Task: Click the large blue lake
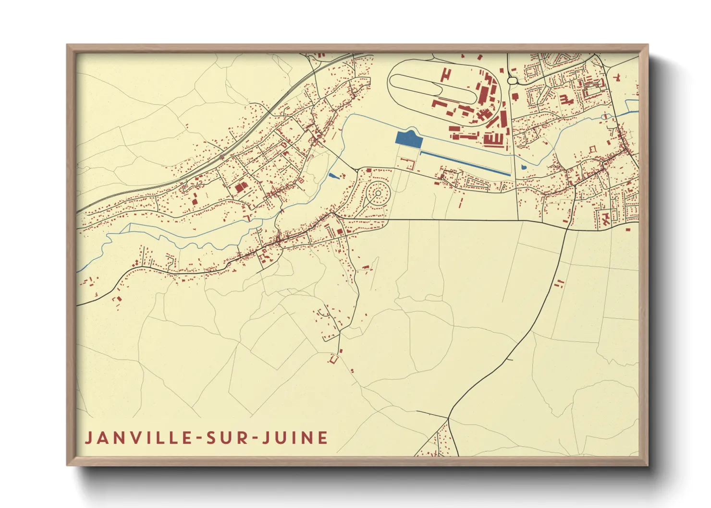coord(408,139)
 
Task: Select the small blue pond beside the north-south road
coord(523,168)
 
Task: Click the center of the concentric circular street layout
coord(378,194)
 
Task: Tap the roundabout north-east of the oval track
coord(512,81)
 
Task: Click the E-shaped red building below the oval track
coord(493,139)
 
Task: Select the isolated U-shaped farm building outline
coord(333,358)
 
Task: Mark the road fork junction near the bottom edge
coord(448,418)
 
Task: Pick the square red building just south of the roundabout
coord(515,97)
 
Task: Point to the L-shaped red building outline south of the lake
coord(410,164)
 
